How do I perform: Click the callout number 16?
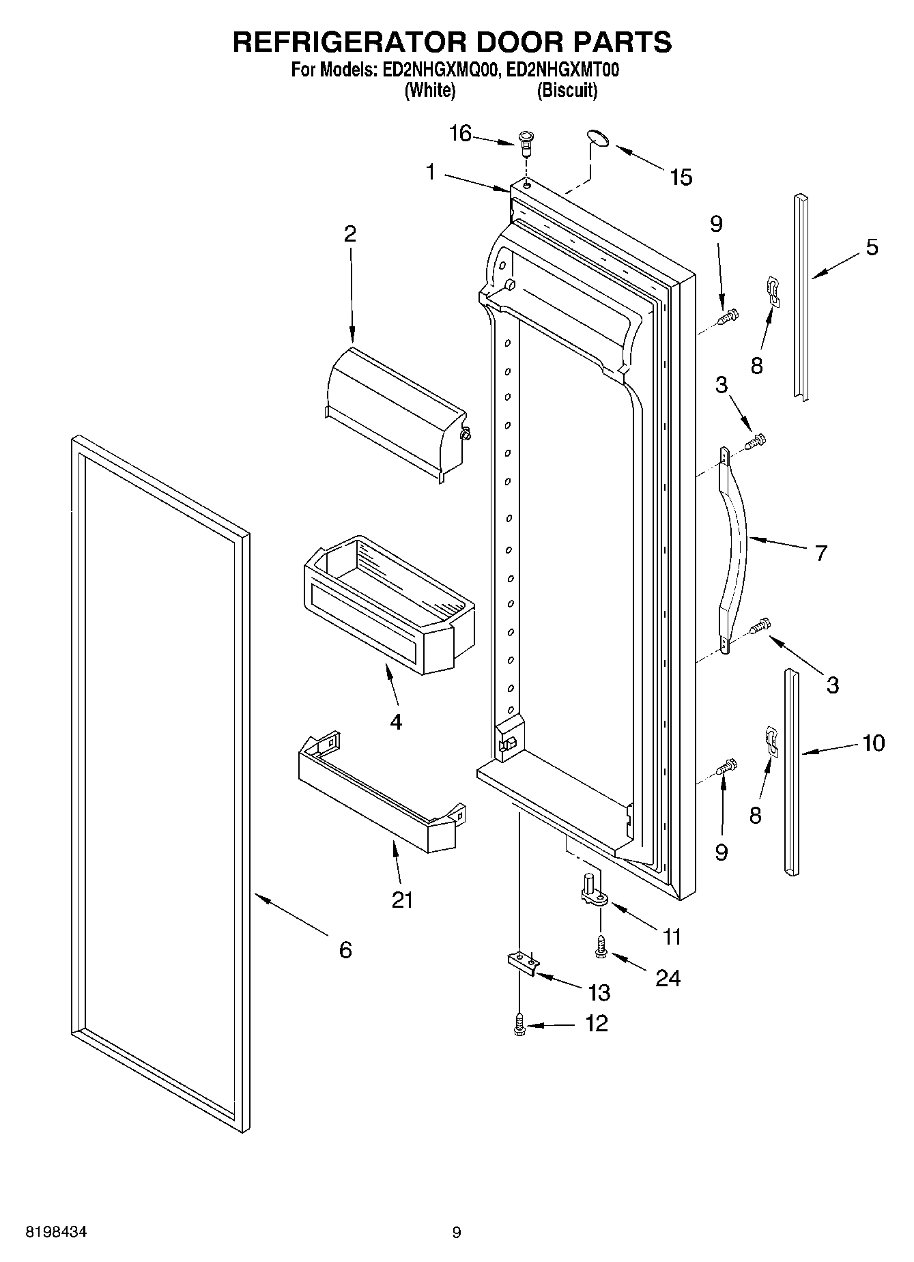(x=460, y=134)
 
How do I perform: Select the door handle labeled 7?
(x=734, y=549)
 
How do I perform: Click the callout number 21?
(x=402, y=900)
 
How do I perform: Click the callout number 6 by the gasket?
(x=345, y=949)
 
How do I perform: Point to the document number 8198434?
(x=55, y=1232)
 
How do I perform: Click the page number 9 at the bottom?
(x=457, y=1232)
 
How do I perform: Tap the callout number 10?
(x=874, y=742)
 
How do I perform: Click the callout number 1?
(x=431, y=172)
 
